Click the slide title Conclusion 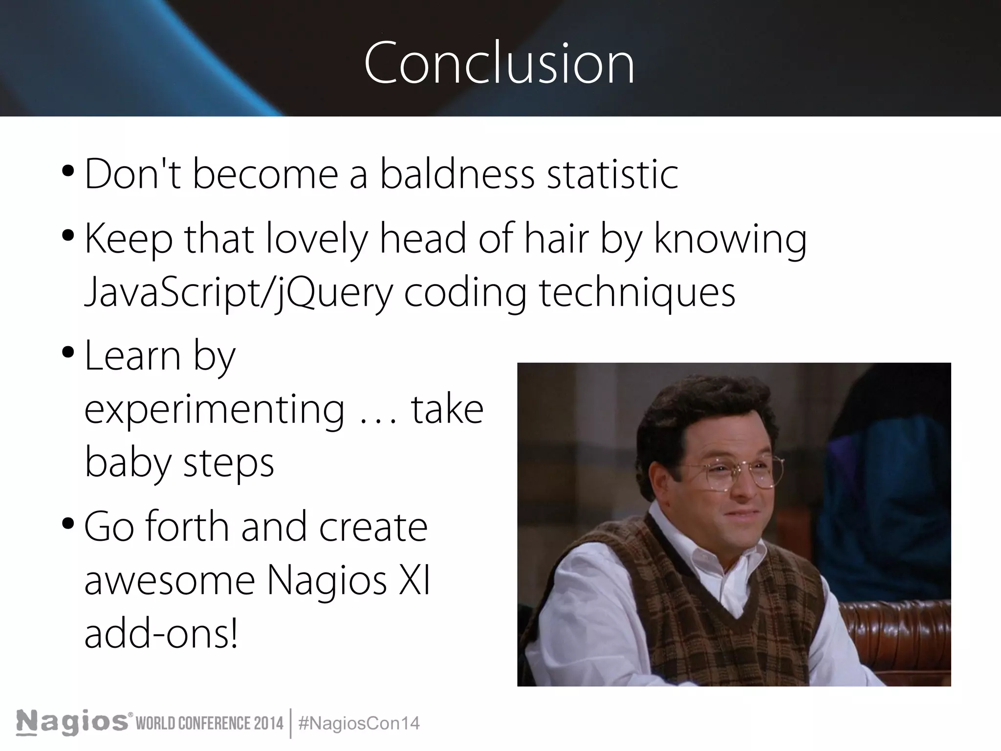(x=500, y=64)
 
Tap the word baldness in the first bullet (x=457, y=175)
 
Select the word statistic (x=612, y=175)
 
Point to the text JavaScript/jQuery (x=239, y=292)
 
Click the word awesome (x=170, y=581)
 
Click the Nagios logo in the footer (x=73, y=723)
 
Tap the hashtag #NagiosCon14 (x=358, y=723)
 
